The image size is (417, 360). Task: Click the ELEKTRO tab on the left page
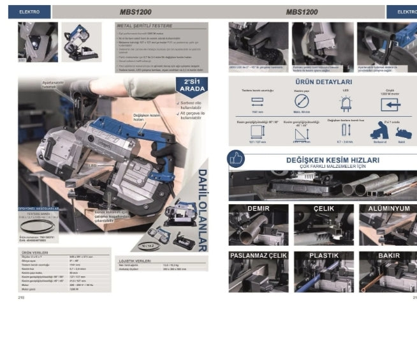click(29, 12)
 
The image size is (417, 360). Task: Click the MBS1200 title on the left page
click(135, 12)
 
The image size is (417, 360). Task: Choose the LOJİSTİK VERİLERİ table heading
click(136, 260)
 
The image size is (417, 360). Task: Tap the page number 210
click(21, 297)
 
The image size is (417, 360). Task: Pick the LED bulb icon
click(346, 103)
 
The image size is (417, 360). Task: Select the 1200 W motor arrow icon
click(390, 104)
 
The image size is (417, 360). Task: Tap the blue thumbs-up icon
click(236, 159)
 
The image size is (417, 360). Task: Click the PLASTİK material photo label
click(323, 255)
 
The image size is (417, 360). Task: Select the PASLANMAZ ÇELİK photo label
click(258, 255)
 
